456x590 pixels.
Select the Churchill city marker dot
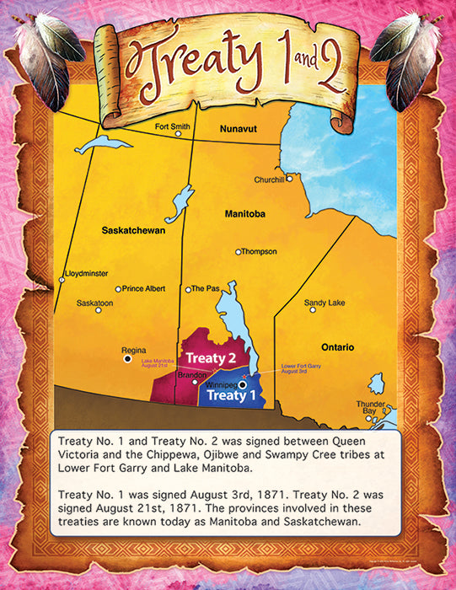pos(289,178)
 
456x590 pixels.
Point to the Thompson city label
pos(260,251)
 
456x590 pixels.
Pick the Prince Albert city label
pos(144,288)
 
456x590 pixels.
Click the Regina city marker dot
pos(128,358)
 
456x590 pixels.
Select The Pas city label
pos(207,288)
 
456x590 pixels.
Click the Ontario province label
pos(337,347)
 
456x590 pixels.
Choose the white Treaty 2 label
pos(205,358)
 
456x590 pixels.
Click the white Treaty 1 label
pos(226,394)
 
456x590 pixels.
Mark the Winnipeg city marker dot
pos(243,384)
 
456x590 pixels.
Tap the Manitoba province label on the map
pos(245,214)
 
